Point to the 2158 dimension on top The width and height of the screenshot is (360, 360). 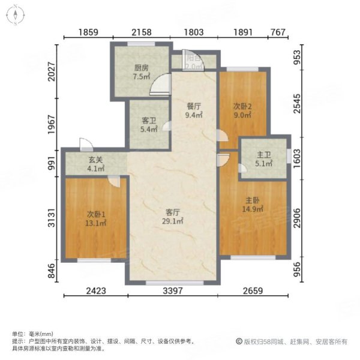pyautogui.click(x=142, y=33)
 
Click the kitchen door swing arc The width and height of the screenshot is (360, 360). pyautogui.click(x=157, y=88)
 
